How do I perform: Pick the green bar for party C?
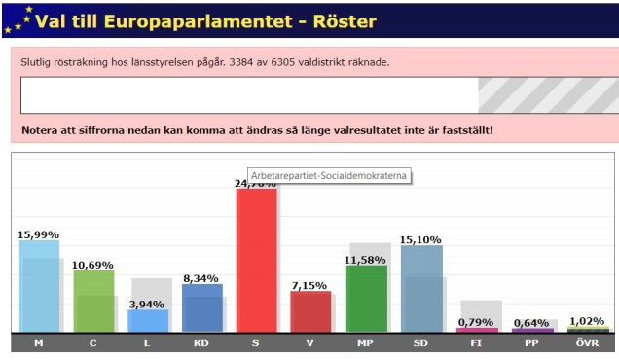pos(93,301)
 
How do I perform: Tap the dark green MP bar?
pos(365,298)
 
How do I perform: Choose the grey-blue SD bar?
pos(420,288)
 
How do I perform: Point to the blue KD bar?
pos(201,307)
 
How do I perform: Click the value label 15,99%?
pos(38,234)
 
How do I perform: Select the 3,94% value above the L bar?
pos(148,304)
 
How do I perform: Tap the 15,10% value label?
pos(420,239)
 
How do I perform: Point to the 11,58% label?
pos(366,260)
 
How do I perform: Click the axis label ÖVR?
pos(588,343)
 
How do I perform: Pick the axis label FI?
pos(477,343)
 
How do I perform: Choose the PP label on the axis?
pos(532,343)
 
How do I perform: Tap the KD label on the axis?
pos(201,343)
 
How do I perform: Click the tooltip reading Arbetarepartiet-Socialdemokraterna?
pos(328,175)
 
